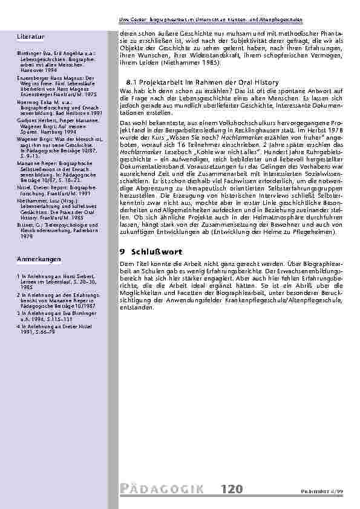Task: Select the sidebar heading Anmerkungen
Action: click(37, 259)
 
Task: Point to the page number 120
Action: click(231, 488)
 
